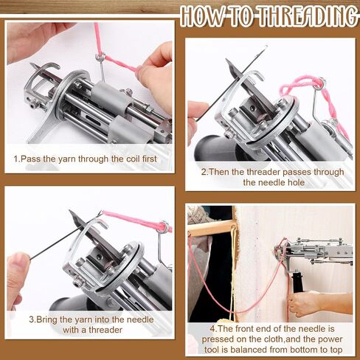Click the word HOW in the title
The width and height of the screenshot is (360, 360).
pos(202,16)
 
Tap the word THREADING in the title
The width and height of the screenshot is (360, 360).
pos(308,15)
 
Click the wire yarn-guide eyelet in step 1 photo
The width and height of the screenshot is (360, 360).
pos(100,58)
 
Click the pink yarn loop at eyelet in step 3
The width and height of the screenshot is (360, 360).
pos(165,226)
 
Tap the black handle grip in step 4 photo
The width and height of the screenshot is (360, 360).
pos(297,282)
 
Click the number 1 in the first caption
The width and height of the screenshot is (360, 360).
pos(16,159)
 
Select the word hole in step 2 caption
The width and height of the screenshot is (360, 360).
pos(297,182)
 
